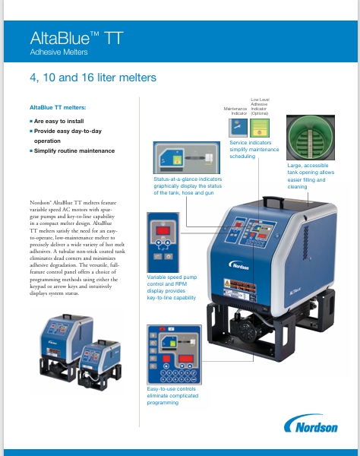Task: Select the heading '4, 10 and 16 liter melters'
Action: (x=93, y=78)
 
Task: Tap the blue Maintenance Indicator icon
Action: (x=238, y=127)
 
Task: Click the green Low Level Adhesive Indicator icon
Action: (x=261, y=127)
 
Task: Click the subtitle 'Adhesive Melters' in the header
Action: (x=60, y=53)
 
